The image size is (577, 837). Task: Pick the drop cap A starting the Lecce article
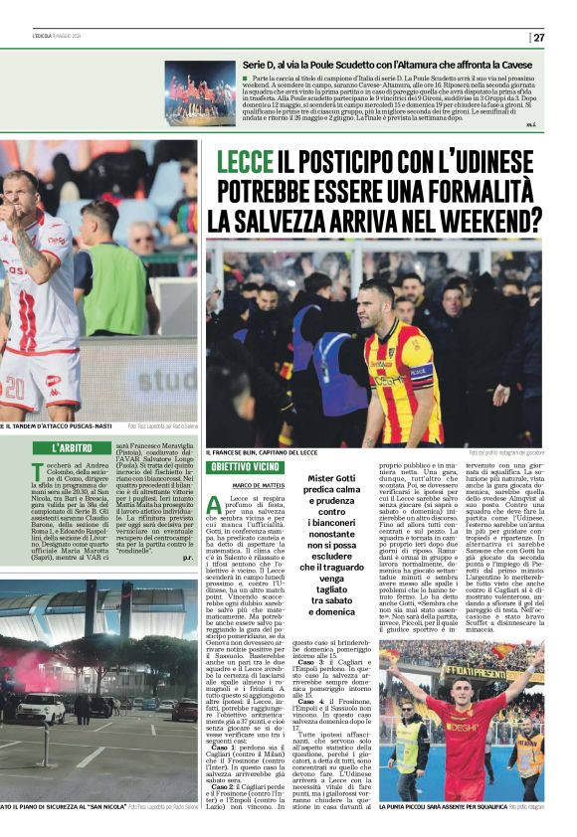click(x=214, y=506)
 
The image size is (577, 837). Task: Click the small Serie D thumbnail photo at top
click(x=200, y=93)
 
